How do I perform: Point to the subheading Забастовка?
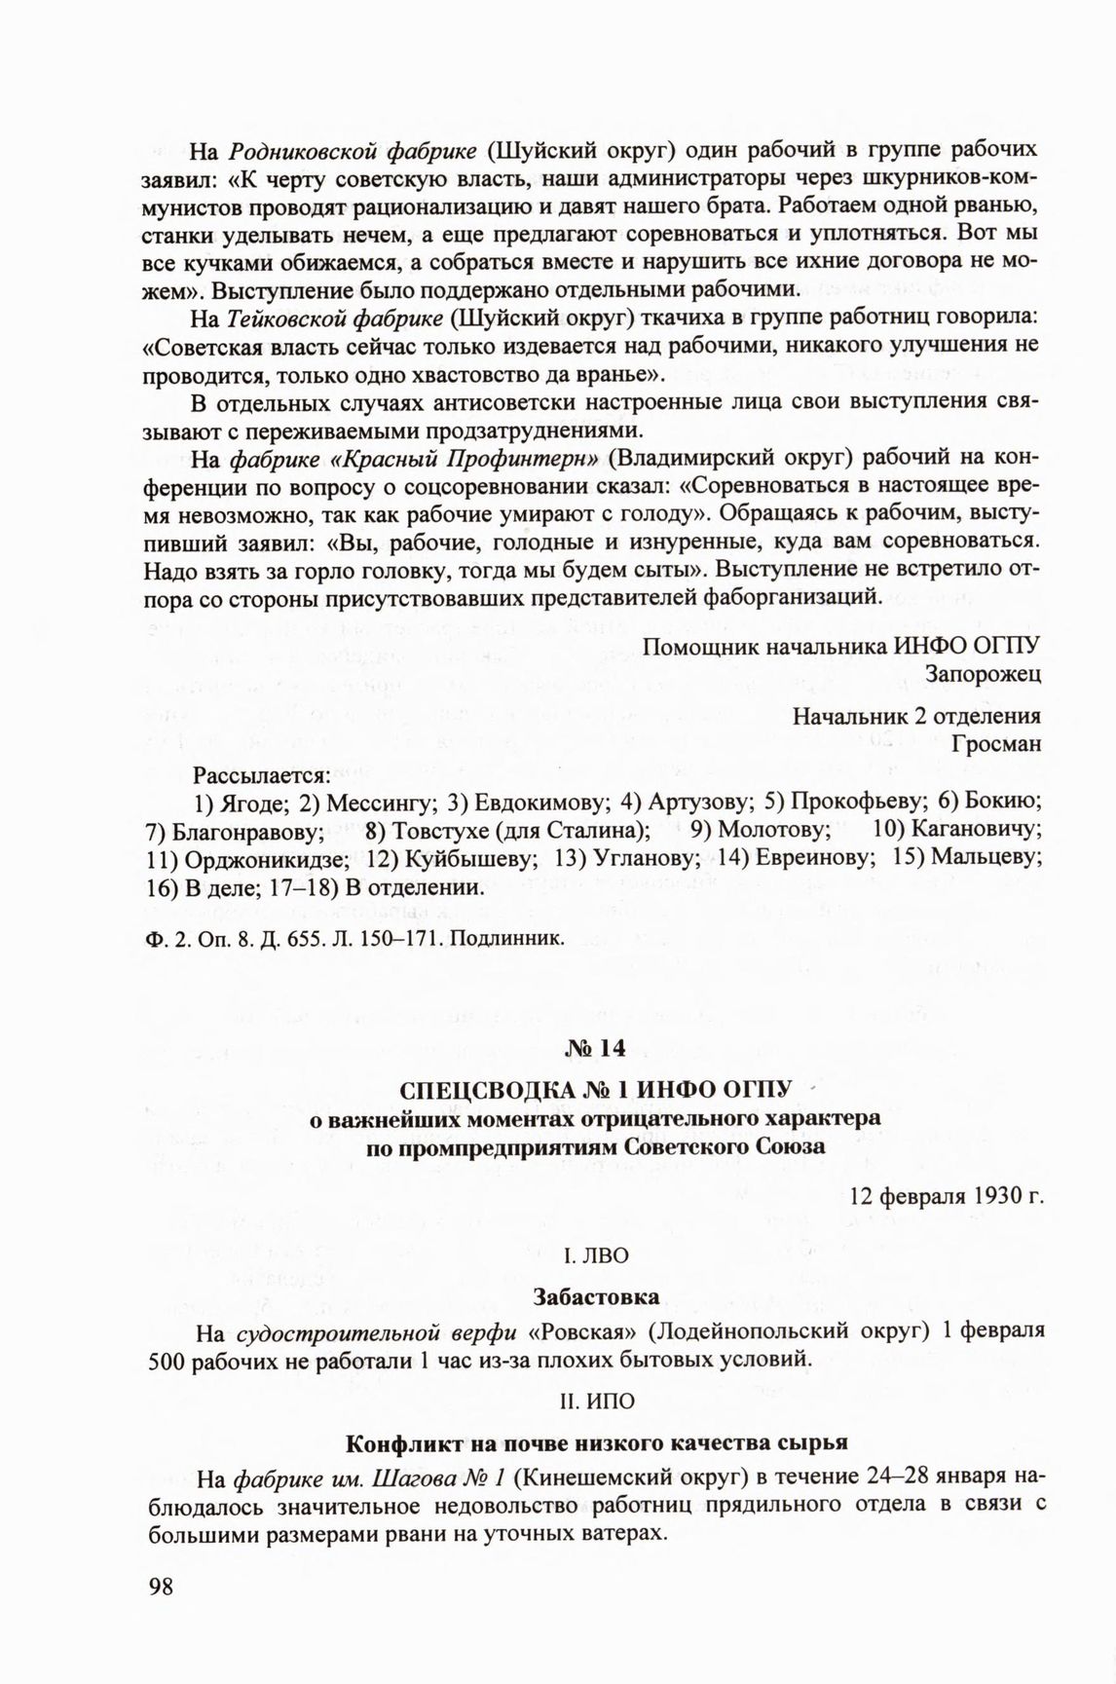tap(596, 1296)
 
